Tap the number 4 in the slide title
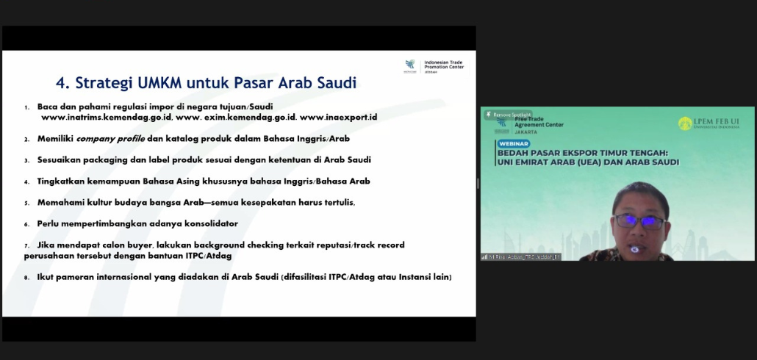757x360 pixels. [61, 82]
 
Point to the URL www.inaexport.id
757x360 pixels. [338, 117]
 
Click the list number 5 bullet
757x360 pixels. [27, 203]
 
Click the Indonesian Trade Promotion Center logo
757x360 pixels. [410, 65]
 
